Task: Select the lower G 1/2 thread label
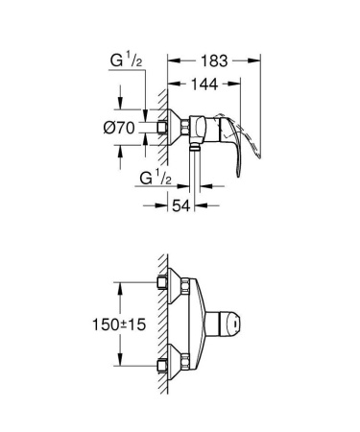click(x=154, y=179)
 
